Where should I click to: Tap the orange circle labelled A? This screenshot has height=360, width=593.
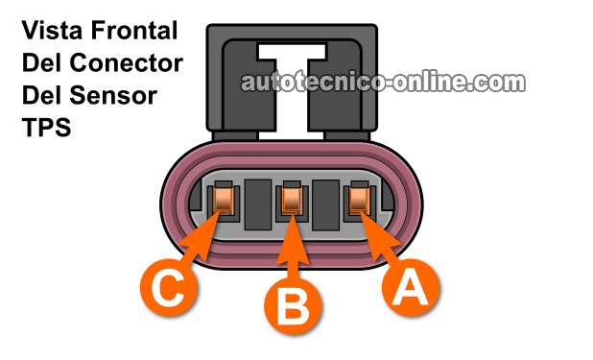pyautogui.click(x=410, y=287)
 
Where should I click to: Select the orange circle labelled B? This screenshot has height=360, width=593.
pyautogui.click(x=292, y=308)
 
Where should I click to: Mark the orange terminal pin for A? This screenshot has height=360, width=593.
pyautogui.click(x=361, y=201)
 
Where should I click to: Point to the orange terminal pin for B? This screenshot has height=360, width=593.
pyautogui.click(x=292, y=201)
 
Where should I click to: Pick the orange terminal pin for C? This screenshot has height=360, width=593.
pyautogui.click(x=223, y=202)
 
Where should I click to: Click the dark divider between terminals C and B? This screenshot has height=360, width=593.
pyautogui.click(x=257, y=204)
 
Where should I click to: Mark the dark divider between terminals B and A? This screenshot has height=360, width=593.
pyautogui.click(x=326, y=204)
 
